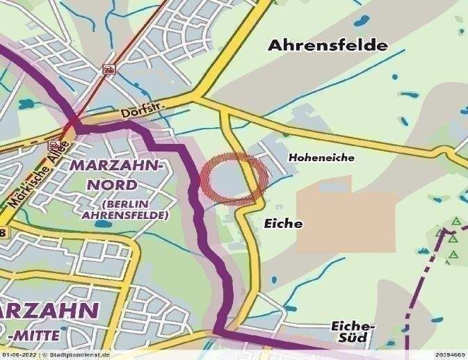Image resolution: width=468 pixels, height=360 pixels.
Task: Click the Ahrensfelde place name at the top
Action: [x=328, y=46]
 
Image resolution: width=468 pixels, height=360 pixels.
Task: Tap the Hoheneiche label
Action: [x=321, y=158]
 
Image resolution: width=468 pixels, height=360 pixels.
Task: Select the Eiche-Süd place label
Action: [x=353, y=332]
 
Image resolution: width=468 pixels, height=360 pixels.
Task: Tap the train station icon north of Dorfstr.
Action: [x=109, y=69]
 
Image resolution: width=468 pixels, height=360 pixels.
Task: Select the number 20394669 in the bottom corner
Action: [x=449, y=355]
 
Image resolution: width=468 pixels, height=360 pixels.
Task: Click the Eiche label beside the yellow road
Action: [x=284, y=224]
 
